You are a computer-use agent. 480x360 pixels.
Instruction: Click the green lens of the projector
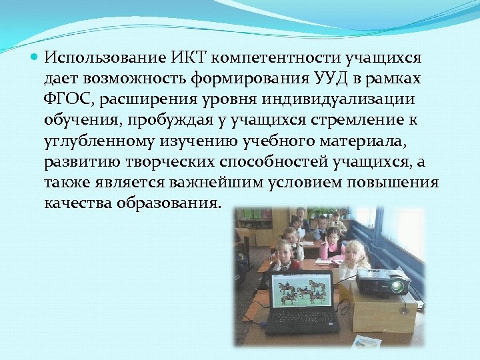tap(397, 286)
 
